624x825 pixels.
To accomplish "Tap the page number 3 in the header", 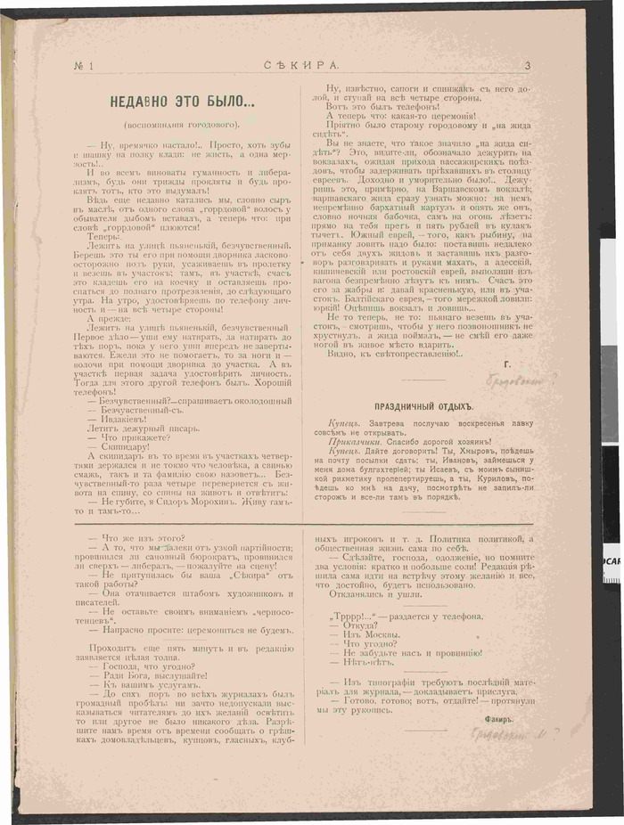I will point(528,65).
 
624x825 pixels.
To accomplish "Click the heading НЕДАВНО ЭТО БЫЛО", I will point(181,101).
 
